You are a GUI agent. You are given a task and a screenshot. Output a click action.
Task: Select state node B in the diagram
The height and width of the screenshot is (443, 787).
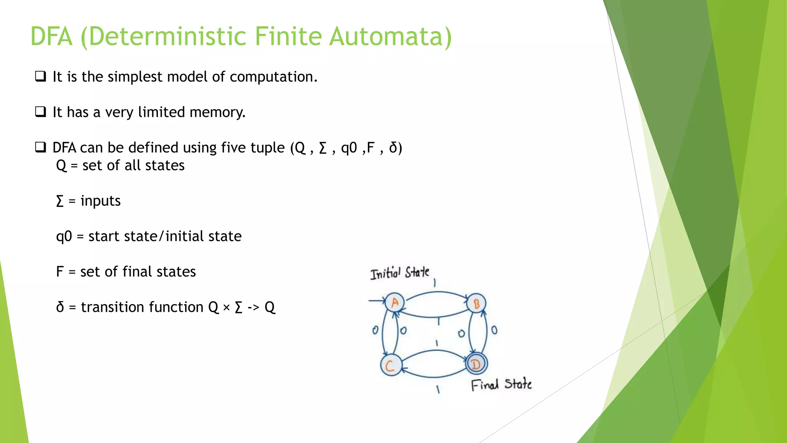tap(477, 304)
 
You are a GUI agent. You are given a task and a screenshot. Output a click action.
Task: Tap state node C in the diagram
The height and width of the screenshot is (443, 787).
tap(391, 365)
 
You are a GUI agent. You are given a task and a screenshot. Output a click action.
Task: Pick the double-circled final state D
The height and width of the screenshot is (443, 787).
tap(476, 364)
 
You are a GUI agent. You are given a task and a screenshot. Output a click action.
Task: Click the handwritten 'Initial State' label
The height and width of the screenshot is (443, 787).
tap(400, 273)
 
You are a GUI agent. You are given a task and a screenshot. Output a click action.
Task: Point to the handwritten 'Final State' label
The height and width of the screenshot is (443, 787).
tap(501, 385)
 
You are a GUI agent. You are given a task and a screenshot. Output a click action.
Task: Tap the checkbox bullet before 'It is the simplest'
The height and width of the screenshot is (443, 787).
tap(40, 76)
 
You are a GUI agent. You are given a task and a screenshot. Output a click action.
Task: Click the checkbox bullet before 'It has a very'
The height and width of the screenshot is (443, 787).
tap(40, 112)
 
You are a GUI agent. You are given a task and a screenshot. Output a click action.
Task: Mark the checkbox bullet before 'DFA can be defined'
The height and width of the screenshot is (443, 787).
tap(40, 147)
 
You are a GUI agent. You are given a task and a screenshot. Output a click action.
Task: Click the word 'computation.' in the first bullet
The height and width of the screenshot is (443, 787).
tap(274, 77)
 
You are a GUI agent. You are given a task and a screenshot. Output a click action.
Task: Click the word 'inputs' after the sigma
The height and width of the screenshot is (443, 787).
tap(100, 201)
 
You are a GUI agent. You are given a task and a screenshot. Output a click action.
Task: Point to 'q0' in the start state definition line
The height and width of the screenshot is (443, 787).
tap(64, 236)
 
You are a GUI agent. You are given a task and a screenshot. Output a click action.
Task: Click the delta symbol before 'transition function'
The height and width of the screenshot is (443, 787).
tap(60, 307)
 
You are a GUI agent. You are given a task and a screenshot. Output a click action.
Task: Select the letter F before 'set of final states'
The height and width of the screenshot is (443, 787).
tap(60, 271)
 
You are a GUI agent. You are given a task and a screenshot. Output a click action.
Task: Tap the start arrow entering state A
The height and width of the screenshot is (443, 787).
tap(377, 300)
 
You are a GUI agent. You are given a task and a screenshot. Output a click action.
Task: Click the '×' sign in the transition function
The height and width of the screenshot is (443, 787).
tap(226, 307)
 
